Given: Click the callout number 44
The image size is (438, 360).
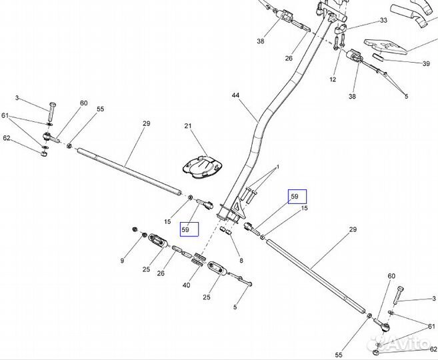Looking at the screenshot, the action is tap(235, 95).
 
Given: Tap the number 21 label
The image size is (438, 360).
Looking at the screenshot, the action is tap(188, 126).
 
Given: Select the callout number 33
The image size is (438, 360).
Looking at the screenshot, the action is tap(383, 21).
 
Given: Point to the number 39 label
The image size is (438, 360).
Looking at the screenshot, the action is tap(426, 64).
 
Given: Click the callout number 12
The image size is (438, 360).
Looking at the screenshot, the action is tap(333, 79).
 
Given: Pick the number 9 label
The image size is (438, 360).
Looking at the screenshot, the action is tap(122, 261).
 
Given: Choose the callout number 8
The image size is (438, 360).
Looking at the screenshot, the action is tap(241, 261).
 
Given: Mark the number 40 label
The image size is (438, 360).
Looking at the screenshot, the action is tap(186, 285).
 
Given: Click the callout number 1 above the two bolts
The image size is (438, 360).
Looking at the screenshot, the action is tap(277, 167).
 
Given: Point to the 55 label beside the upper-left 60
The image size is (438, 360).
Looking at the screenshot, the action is tap(100, 109).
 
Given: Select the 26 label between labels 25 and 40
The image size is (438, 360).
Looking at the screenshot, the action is tap(161, 273).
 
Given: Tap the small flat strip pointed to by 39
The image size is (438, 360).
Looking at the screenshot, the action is tap(379, 57).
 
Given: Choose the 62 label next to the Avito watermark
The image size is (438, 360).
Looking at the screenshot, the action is tap(433, 349).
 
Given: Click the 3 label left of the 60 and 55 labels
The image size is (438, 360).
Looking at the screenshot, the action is tap(17, 98).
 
